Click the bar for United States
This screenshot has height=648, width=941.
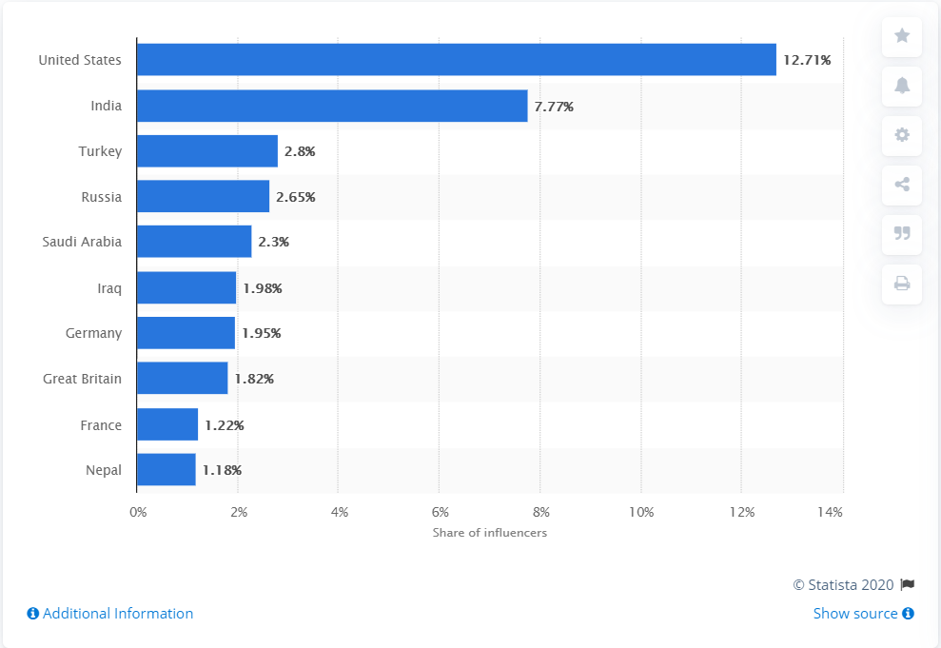[456, 60]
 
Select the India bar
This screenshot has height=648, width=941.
[331, 106]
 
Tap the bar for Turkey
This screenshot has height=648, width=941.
[206, 151]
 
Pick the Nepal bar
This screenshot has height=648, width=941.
[166, 470]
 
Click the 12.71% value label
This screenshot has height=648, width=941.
[807, 60]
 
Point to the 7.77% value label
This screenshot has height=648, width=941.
[554, 107]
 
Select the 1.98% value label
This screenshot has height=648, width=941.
[262, 288]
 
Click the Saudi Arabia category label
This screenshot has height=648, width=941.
[82, 242]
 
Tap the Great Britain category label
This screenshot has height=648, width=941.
[82, 379]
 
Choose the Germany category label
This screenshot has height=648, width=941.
[93, 333]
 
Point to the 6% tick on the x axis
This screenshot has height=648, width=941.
[440, 513]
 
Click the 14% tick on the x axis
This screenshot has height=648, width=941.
[830, 513]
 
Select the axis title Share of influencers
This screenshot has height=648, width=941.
[490, 533]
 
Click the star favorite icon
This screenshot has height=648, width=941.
[902, 36]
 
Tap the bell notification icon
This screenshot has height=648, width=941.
[902, 86]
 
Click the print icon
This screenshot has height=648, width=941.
[902, 284]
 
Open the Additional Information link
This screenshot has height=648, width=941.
[110, 614]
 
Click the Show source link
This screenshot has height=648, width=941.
[863, 614]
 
